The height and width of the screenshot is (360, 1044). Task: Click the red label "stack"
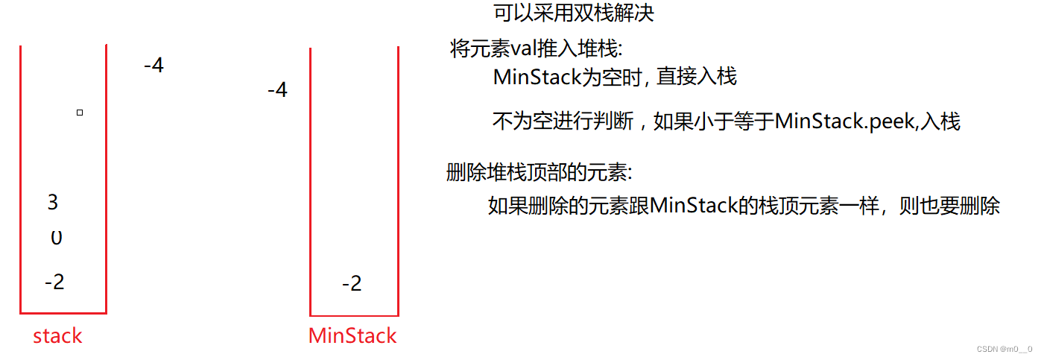click(57, 336)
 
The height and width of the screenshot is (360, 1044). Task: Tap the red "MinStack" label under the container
click(352, 336)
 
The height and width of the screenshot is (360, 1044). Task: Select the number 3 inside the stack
click(52, 202)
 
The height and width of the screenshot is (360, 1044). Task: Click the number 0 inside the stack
click(56, 239)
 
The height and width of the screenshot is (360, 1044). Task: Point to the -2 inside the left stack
click(54, 282)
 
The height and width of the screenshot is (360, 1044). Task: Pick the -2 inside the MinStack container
click(352, 284)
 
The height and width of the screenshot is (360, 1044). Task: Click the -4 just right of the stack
click(154, 66)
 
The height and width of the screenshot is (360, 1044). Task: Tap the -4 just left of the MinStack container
click(277, 90)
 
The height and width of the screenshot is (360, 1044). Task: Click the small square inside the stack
click(80, 113)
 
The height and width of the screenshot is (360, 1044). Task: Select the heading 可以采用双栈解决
click(573, 13)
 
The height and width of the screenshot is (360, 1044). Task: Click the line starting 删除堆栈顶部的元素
click(538, 173)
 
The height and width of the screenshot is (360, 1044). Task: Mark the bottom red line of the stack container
click(63, 313)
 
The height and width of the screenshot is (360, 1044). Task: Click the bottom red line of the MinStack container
click(354, 315)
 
